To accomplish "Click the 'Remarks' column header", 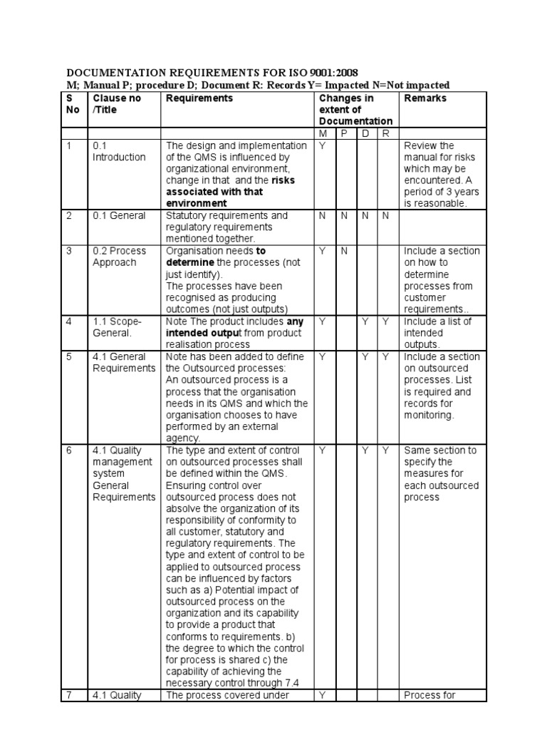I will (425, 98).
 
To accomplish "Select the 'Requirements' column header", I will (199, 98).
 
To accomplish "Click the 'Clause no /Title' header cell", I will (117, 104).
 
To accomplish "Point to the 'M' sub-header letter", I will (323, 133).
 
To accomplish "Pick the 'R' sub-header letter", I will (385, 133).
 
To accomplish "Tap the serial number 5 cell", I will (69, 356).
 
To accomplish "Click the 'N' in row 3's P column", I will (343, 251).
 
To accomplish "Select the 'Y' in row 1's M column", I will (323, 145).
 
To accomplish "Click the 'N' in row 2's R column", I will (385, 215).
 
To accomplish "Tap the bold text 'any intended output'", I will (235, 327).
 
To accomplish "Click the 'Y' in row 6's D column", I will (365, 451).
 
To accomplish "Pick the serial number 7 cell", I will (69, 695).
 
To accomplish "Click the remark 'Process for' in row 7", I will (429, 695).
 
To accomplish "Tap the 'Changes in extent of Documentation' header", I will (355, 110).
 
